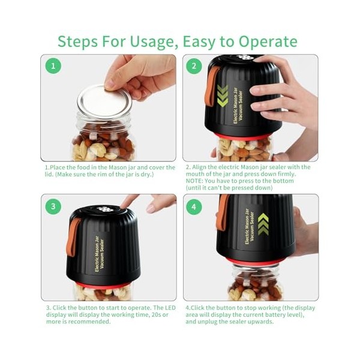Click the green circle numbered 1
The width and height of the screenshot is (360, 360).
click(x=53, y=66)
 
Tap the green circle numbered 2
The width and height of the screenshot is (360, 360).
click(x=194, y=66)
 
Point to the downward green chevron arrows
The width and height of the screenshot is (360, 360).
click(x=223, y=96)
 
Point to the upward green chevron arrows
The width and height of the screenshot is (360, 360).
click(x=263, y=223)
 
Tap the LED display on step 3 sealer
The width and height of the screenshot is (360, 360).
click(x=107, y=209)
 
